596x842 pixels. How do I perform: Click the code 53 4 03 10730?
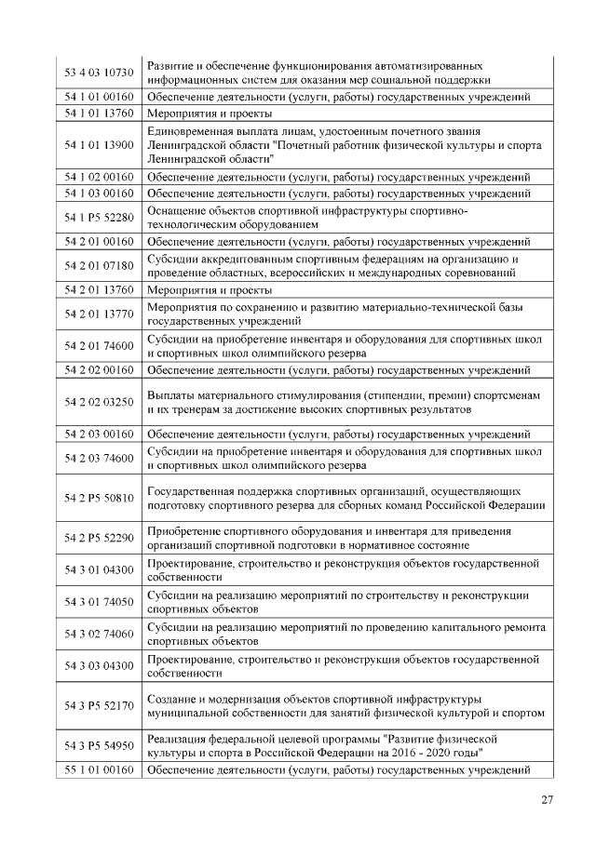click(99, 73)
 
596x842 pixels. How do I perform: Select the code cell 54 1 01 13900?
click(99, 145)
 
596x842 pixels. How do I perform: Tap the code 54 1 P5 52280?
click(99, 218)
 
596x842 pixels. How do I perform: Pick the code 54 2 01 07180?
click(99, 265)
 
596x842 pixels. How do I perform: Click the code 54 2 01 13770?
click(99, 314)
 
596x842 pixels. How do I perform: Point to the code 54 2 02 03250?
click(99, 402)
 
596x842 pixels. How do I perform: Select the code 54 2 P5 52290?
click(99, 538)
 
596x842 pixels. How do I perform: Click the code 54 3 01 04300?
click(99, 569)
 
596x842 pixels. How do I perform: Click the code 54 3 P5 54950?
click(99, 745)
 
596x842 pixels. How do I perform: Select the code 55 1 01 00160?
click(99, 769)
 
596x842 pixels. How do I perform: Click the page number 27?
click(547, 801)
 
